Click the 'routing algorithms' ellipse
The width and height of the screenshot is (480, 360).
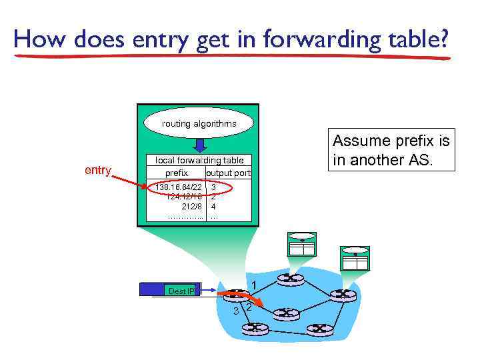pyautogui.click(x=199, y=123)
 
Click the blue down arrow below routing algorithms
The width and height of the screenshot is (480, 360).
pyautogui.click(x=198, y=145)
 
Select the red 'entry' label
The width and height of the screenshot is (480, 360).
pyautogui.click(x=98, y=171)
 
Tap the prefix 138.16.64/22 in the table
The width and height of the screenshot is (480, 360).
pyautogui.click(x=178, y=187)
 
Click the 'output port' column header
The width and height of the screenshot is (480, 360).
pyautogui.click(x=229, y=173)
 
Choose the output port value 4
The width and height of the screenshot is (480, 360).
pyautogui.click(x=213, y=207)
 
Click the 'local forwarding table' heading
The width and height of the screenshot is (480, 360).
pyautogui.click(x=199, y=160)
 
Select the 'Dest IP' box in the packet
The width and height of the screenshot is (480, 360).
pyautogui.click(x=181, y=291)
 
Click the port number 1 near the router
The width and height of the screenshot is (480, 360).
pyautogui.click(x=254, y=285)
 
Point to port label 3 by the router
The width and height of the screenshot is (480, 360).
pyautogui.click(x=235, y=311)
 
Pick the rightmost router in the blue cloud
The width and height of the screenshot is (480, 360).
pyautogui.click(x=344, y=294)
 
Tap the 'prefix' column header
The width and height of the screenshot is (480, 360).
pyautogui.click(x=176, y=173)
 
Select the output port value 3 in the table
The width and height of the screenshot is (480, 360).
pyautogui.click(x=213, y=187)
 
